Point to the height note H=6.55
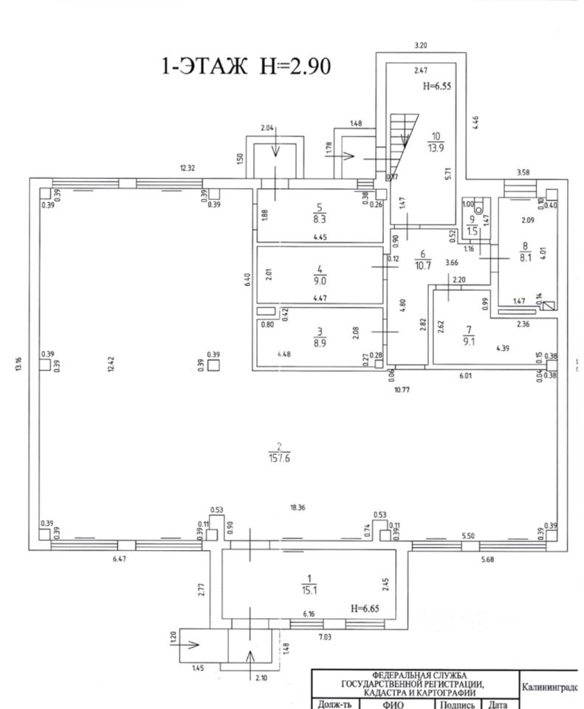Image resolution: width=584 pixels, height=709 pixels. pyautogui.click(x=436, y=86)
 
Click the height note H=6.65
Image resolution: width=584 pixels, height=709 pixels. pyautogui.click(x=366, y=607)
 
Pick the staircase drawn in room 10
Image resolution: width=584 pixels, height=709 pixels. pyautogui.click(x=402, y=144)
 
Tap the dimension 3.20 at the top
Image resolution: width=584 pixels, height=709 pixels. pyautogui.click(x=421, y=45)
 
